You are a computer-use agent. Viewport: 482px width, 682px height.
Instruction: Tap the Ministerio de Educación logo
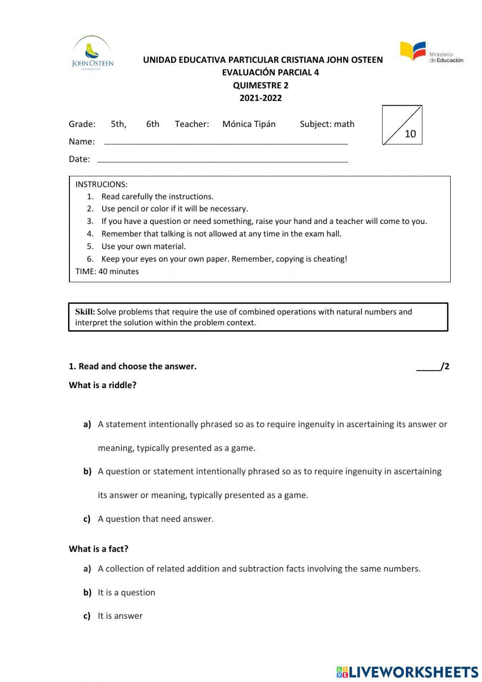(431, 52)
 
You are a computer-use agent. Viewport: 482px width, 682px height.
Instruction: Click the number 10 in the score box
(410, 134)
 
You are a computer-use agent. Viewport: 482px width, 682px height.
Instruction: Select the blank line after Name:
(226, 143)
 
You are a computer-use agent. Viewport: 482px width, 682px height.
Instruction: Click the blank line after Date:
(222, 161)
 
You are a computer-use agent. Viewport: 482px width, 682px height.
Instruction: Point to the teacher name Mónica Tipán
(249, 124)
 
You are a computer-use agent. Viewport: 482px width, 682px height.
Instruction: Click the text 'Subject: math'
(327, 124)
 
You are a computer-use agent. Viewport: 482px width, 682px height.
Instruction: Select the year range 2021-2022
(261, 98)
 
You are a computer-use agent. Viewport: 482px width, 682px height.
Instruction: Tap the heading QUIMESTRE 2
(261, 85)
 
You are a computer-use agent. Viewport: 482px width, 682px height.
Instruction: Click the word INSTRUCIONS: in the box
(101, 184)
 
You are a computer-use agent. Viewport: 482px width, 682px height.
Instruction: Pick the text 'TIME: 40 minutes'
(107, 271)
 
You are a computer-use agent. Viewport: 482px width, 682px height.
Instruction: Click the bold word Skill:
(85, 312)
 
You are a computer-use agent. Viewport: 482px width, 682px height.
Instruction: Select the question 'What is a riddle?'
(103, 385)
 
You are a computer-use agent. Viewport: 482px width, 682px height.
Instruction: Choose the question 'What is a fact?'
(99, 549)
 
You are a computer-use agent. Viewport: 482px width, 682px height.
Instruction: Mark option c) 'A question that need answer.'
(155, 519)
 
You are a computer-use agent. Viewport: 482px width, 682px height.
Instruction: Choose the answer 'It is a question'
(126, 592)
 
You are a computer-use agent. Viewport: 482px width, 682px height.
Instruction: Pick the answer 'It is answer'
(120, 616)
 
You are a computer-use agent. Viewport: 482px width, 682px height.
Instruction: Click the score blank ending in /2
(432, 366)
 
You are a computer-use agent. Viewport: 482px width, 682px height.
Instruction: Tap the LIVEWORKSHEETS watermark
(407, 672)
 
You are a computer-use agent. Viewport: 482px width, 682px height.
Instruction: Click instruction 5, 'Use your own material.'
(143, 246)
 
